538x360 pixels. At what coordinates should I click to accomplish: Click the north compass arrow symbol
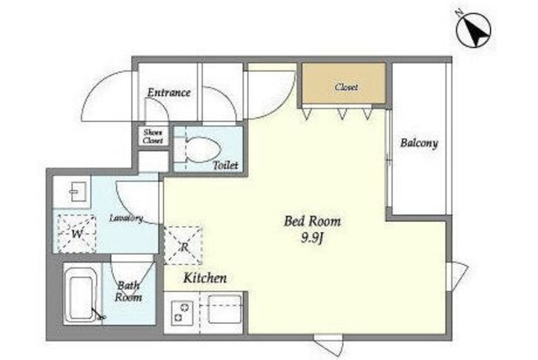pos(473,30)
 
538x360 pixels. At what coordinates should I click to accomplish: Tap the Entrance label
pos(169,93)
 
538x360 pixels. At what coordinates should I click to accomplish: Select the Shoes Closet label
pos(153,136)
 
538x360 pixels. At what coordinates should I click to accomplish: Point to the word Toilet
pos(225,165)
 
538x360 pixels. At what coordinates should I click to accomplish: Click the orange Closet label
pos(346,87)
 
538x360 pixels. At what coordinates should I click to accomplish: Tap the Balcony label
pos(419,143)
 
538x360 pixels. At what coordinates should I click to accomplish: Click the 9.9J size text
pos(313,237)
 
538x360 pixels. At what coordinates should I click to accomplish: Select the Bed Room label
pos(313,221)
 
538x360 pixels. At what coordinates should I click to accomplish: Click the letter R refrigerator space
pos(183,246)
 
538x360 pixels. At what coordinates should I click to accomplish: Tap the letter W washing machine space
pos(76,234)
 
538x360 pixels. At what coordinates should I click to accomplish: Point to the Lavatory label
pos(126,218)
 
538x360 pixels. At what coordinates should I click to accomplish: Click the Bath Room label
pos(129,291)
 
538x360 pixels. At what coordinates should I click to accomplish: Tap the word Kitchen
pos(205,278)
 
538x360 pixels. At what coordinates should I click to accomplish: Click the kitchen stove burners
pos(182,312)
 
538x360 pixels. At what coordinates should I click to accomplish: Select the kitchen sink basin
pos(224,309)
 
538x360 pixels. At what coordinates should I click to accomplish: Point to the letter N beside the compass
pos(459,13)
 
